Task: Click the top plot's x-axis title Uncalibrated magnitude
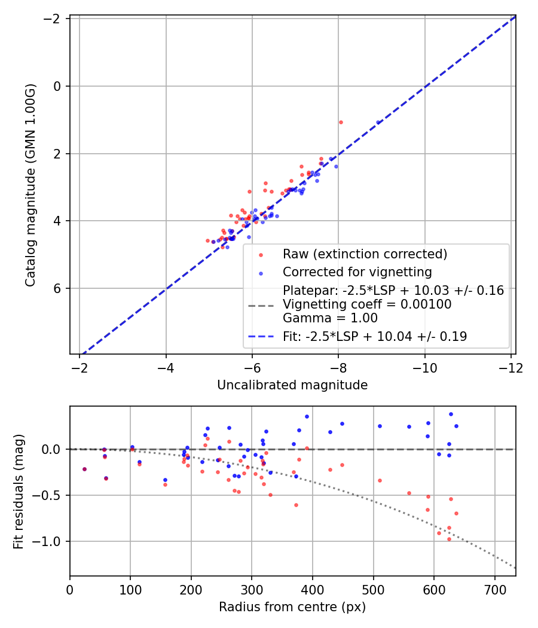point(292,385)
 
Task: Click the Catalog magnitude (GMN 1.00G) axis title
point(30,185)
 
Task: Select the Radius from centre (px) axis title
point(292,607)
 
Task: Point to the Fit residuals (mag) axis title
point(19,492)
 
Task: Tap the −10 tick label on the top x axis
point(424,368)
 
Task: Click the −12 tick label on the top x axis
point(511,368)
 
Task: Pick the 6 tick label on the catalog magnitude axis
point(57,288)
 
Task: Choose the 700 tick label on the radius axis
point(495,590)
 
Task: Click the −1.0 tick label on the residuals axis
point(47,541)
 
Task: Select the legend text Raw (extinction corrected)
point(365,254)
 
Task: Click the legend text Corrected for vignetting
point(357,272)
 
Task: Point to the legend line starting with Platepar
point(393,290)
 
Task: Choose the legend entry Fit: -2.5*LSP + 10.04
point(375,336)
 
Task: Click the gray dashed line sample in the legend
point(261,306)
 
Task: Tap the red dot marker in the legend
point(261,255)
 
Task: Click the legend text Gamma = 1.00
point(330,318)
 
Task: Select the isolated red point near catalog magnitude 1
point(341,122)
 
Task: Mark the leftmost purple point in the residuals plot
point(84,469)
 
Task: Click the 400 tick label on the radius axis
point(312,590)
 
